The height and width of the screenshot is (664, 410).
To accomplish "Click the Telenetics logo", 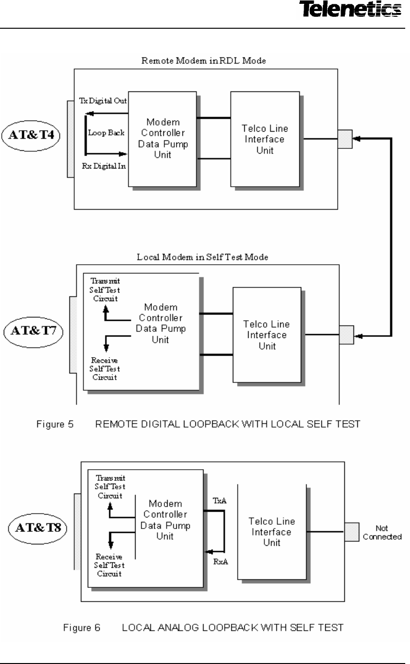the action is (x=351, y=9).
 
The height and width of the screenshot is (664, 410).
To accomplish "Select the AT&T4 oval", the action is (x=31, y=135).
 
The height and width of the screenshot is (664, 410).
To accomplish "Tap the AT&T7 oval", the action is (x=34, y=331).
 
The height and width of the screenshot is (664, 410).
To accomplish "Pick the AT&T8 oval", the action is (x=38, y=529).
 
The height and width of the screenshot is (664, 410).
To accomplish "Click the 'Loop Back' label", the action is (x=106, y=133).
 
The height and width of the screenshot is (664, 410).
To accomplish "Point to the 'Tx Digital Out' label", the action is (x=103, y=101).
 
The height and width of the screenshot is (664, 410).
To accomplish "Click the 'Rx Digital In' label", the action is (x=104, y=166).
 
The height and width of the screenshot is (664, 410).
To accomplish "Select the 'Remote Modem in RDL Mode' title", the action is (x=204, y=61).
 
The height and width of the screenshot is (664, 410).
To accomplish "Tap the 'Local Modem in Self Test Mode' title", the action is (x=202, y=257).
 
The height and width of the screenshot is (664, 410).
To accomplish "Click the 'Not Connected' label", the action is (x=382, y=532).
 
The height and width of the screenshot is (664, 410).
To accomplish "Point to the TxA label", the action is (x=219, y=501).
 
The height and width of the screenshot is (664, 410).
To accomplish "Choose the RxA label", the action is (x=221, y=562).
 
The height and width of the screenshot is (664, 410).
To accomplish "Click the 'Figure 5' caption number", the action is (x=55, y=425).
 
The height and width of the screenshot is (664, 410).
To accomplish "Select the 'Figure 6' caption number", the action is (x=81, y=628).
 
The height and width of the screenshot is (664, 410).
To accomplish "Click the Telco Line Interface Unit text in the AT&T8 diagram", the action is (x=272, y=532).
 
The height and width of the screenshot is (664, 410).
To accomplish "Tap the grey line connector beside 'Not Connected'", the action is (x=352, y=532).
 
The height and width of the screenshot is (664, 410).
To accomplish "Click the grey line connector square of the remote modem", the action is (x=345, y=139).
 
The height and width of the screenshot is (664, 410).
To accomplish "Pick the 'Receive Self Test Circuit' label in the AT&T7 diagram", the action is (x=105, y=369).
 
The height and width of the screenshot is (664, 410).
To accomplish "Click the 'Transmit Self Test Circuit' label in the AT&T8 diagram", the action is (x=110, y=487).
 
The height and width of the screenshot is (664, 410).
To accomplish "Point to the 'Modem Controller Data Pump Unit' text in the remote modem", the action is (x=163, y=138).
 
